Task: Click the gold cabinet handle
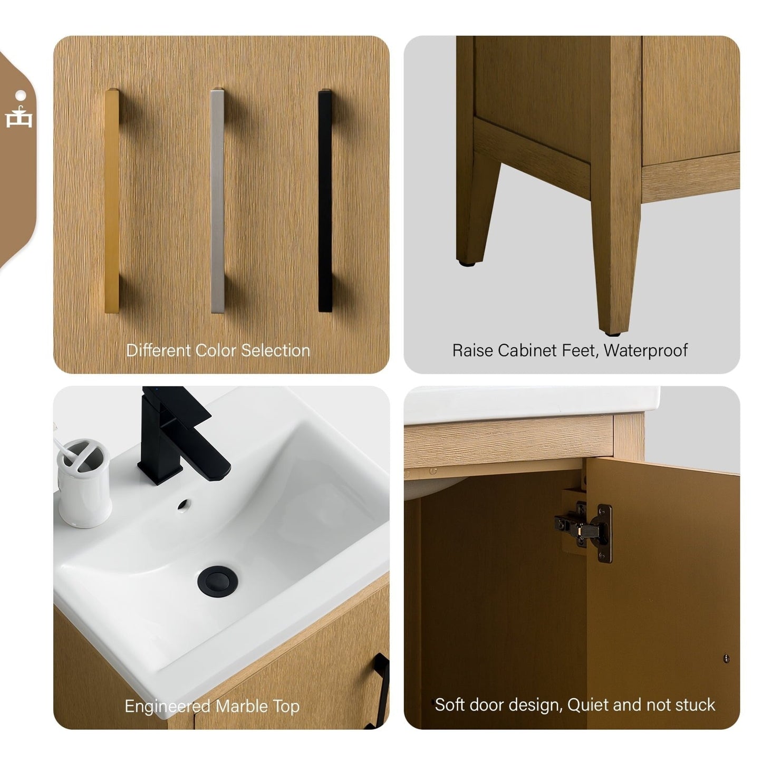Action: coord(112,200)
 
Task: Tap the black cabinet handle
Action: coord(325,200)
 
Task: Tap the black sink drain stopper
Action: coord(217,578)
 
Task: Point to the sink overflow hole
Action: coord(183,506)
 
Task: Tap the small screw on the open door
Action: coord(726,658)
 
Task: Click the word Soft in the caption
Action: coord(450,705)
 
